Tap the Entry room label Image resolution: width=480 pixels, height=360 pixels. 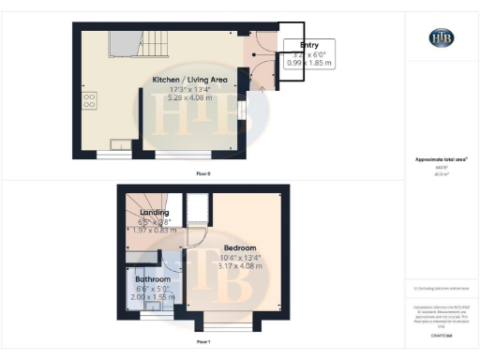coord(308,45)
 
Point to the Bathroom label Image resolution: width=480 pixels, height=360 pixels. coord(152,279)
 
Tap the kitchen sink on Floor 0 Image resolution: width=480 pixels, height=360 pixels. coord(121,144)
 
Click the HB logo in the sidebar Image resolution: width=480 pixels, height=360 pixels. coord(441,37)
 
